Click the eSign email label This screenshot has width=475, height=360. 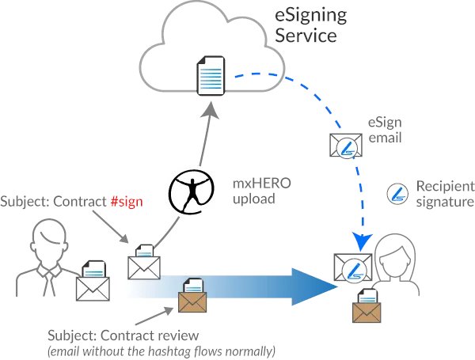pyautogui.click(x=386, y=131)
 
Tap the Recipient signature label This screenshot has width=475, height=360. pyautogui.click(x=444, y=193)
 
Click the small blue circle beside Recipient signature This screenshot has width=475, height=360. pyautogui.click(x=397, y=192)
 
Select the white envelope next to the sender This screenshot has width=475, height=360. pyautogui.click(x=93, y=282)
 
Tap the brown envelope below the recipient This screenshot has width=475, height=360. pyautogui.click(x=366, y=306)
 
